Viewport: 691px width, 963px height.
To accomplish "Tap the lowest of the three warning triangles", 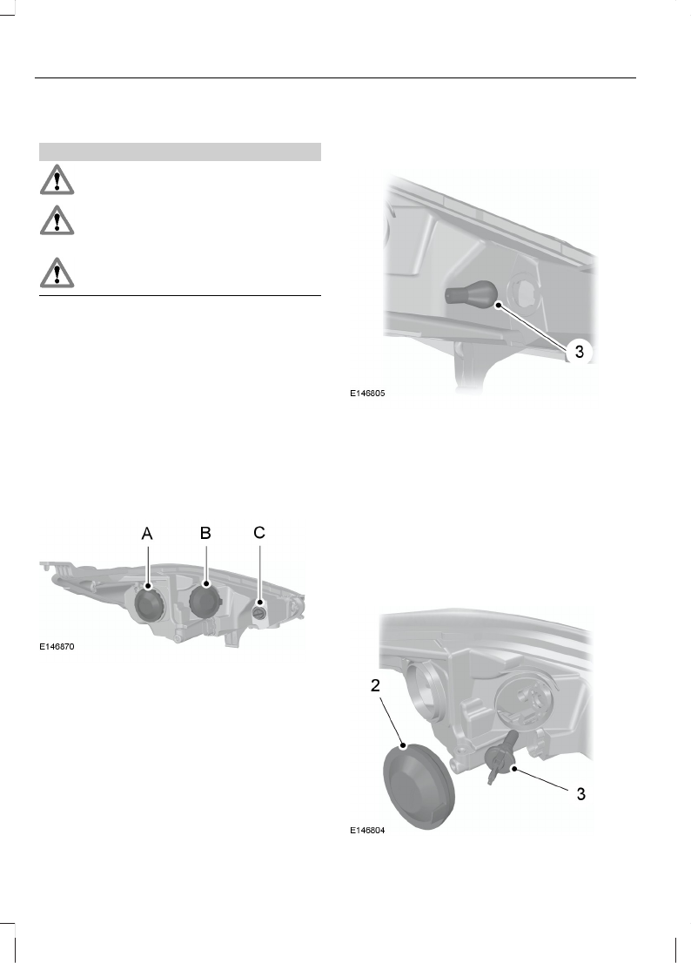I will click(x=56, y=273).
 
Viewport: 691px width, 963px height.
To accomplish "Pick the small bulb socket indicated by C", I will click(x=259, y=613).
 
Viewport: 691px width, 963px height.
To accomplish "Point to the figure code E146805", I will click(x=366, y=394).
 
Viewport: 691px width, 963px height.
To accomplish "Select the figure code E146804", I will click(x=366, y=831).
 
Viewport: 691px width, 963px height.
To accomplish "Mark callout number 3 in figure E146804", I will click(x=580, y=793).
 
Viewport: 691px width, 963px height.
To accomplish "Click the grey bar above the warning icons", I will click(x=180, y=152).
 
